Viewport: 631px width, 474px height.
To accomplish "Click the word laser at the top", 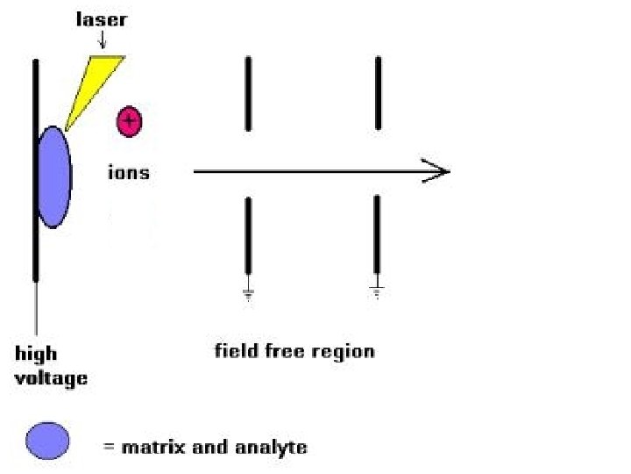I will [x=101, y=19].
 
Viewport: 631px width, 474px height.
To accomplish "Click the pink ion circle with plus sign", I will [x=130, y=121].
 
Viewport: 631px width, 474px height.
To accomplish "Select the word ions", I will [x=128, y=173].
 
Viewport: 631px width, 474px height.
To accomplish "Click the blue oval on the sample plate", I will [x=54, y=177].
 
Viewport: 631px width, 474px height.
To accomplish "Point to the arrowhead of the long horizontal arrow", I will [x=438, y=171].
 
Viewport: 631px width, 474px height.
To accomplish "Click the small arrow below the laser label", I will [x=102, y=40].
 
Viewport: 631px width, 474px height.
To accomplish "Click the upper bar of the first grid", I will [x=249, y=94].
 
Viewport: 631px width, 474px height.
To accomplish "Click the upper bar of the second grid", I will [x=378, y=94].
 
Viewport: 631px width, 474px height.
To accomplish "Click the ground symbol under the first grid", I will [x=249, y=295].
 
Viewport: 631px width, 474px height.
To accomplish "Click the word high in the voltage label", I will [x=36, y=355].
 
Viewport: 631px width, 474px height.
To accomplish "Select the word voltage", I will [x=52, y=378].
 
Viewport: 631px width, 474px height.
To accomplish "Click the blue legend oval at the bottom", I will [x=47, y=440].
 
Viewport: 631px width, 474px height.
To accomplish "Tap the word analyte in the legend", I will [x=272, y=447].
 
